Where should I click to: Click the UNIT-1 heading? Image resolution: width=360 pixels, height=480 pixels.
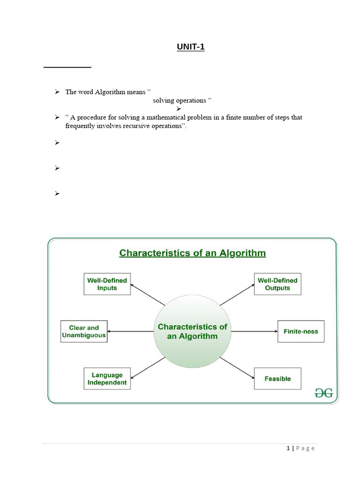click(191, 47)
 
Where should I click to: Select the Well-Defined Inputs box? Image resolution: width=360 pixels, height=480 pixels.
click(107, 284)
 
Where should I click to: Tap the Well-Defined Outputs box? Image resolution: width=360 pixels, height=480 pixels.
click(277, 284)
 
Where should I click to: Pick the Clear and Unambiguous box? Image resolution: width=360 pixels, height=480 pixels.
click(84, 331)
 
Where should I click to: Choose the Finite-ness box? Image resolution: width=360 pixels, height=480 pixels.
click(300, 331)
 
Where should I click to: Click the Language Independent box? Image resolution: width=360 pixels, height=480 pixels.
click(107, 379)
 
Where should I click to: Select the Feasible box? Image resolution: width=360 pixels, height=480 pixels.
click(277, 379)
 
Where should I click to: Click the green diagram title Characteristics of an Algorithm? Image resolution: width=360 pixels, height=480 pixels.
click(192, 253)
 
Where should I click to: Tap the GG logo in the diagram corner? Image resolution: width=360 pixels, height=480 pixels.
click(323, 393)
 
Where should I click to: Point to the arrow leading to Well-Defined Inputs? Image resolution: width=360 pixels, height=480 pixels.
click(147, 294)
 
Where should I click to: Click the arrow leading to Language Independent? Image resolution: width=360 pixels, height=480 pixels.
click(147, 367)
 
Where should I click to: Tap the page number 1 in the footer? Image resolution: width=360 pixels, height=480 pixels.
click(288, 449)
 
